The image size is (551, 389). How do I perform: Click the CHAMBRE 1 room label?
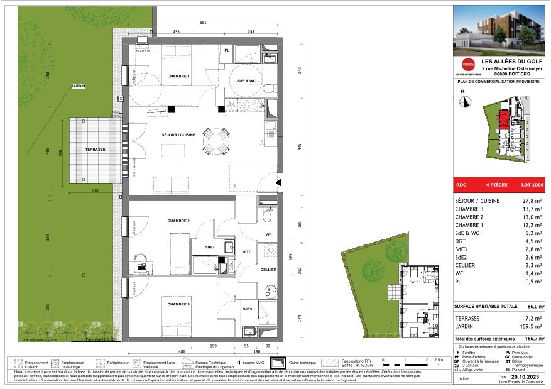(178, 77)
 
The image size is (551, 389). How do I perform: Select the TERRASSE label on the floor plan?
(95, 150)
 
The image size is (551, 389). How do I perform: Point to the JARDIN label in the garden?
(78, 85)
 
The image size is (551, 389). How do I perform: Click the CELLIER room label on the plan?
(269, 269)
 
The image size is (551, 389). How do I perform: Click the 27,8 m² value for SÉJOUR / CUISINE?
(532, 201)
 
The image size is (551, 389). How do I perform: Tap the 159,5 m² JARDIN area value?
(530, 327)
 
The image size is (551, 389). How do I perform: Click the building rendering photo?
(499, 29)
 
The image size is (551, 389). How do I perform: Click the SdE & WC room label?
(246, 82)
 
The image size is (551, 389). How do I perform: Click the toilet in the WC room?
(266, 216)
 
